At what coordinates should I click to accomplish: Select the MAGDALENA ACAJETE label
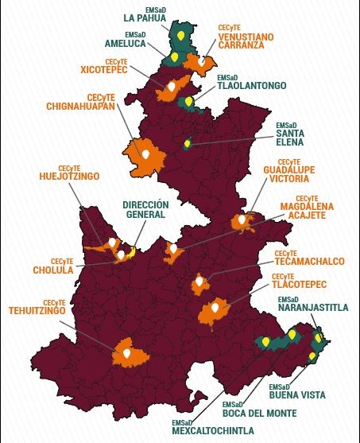[307, 210]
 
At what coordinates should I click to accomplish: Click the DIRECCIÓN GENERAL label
[144, 209]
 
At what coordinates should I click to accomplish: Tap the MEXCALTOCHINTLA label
[213, 430]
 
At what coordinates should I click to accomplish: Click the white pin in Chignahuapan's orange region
[145, 153]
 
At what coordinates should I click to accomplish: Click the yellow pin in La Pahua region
[181, 35]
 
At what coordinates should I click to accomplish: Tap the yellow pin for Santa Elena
[188, 143]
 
